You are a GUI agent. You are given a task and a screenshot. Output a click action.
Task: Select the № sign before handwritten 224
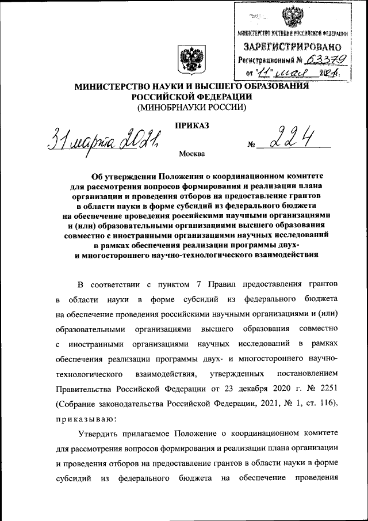pos(251,145)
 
